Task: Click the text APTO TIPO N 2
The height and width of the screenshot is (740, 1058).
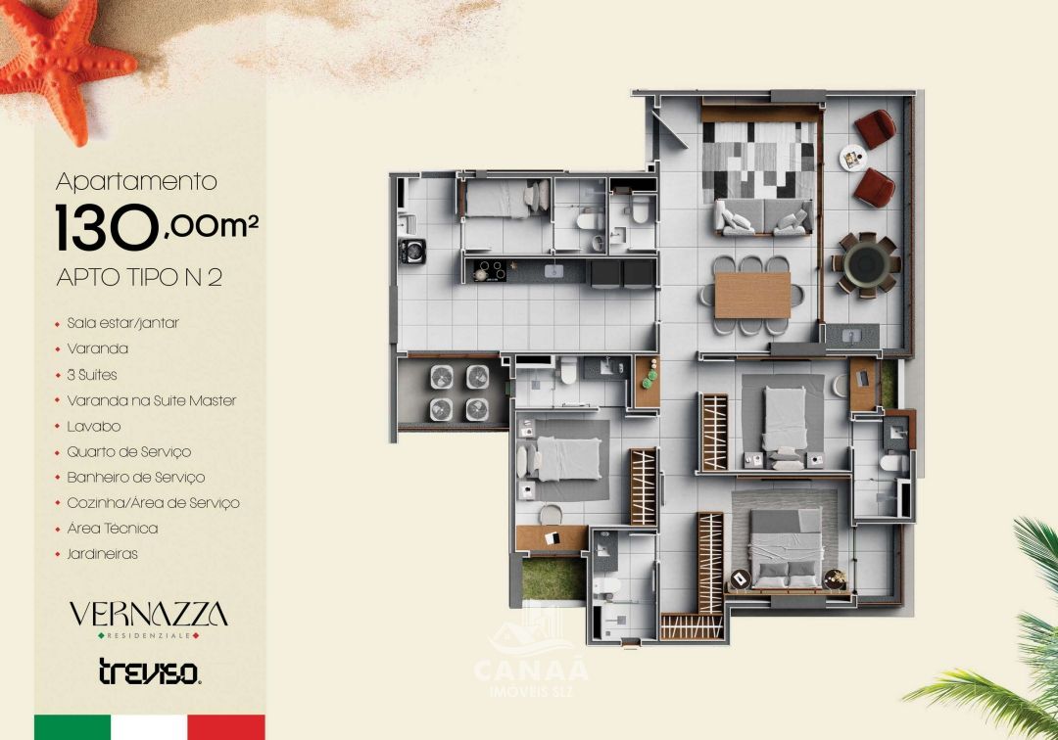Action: coord(139,277)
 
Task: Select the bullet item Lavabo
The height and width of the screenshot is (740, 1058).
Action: coord(93,426)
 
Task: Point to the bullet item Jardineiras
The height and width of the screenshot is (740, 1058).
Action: coord(102,553)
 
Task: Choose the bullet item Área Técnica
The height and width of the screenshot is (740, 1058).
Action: coord(112,528)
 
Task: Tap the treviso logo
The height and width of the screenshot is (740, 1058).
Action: coord(149,671)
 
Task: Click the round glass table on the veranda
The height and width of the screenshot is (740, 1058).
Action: coord(866,262)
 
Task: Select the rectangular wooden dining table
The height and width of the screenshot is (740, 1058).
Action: coord(752,295)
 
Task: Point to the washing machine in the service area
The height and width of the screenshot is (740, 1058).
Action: coord(411,252)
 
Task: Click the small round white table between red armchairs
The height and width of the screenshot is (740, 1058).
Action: coord(852,156)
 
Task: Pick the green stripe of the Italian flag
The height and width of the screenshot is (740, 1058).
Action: coord(72,726)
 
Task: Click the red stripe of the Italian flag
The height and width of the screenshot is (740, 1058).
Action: coord(226,726)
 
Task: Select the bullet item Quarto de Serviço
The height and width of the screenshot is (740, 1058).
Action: coord(128,451)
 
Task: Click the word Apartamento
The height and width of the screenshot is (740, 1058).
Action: coord(136,181)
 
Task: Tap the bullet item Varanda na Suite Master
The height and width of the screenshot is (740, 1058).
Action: coord(151,400)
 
